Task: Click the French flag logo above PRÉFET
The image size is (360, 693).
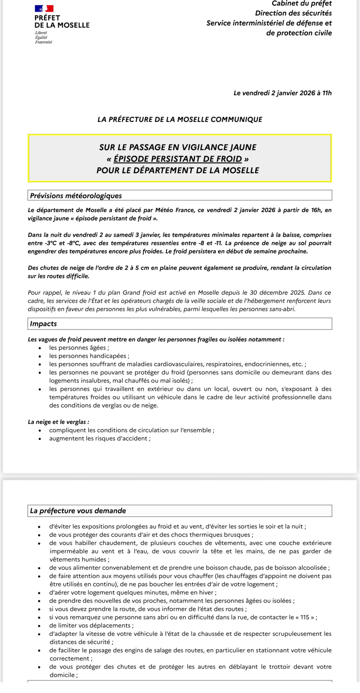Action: click(44, 8)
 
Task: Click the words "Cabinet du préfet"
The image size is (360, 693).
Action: click(302, 3)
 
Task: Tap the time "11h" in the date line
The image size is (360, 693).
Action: click(327, 93)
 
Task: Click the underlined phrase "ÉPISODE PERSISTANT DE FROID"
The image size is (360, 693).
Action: click(178, 159)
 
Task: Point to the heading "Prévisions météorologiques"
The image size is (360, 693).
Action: click(76, 196)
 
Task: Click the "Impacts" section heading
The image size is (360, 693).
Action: click(43, 324)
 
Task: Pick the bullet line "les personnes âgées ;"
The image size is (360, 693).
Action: click(79, 348)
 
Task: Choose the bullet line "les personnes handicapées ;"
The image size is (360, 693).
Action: click(89, 356)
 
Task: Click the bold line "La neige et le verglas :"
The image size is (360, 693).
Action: click(58, 422)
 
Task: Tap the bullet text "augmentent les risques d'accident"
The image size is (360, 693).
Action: click(100, 438)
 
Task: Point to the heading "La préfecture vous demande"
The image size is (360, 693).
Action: click(78, 511)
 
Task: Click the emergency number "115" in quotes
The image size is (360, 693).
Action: click(305, 617)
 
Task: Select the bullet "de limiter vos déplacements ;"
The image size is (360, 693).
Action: click(91, 625)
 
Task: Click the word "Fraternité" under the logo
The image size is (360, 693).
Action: click(44, 42)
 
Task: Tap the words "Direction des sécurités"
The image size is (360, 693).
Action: click(293, 13)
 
